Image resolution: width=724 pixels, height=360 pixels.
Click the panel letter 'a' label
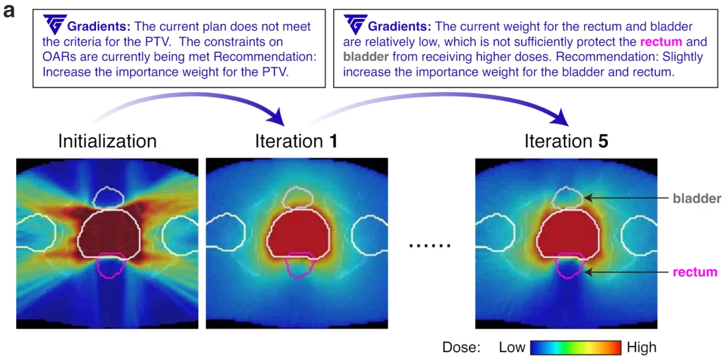coord(10,11)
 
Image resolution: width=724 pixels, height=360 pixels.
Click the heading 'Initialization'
coord(107,141)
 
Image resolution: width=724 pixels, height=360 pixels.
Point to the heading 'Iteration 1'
coord(296,141)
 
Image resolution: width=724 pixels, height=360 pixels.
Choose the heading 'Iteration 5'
coord(566,141)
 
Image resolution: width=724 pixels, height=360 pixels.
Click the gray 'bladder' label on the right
coord(697,198)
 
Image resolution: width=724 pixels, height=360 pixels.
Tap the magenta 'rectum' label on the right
coord(695,272)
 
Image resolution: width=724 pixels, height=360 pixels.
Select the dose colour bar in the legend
coord(575,347)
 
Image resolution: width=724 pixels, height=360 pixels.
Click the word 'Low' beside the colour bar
coord(512,347)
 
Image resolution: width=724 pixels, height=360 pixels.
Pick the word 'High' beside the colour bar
coord(642,347)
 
